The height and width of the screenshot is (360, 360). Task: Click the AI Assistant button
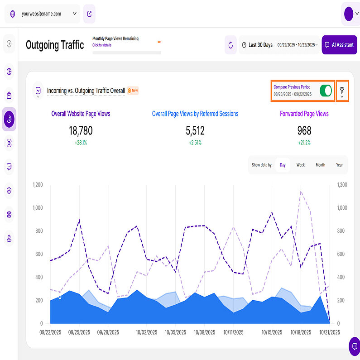coord(339,45)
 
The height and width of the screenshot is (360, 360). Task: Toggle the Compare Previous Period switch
coord(326,91)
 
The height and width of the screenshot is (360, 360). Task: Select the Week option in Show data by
coord(301,165)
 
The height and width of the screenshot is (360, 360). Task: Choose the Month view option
coord(320,165)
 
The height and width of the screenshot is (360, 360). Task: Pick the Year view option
coord(339,165)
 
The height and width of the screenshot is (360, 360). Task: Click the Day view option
coord(283,165)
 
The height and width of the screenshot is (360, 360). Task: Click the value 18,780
coord(81,131)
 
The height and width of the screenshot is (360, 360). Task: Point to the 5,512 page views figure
coord(195,131)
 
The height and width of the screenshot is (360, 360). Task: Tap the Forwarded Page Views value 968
coord(304,131)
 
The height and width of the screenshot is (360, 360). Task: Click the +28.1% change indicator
coord(81,143)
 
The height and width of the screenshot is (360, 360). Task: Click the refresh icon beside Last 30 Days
coord(230,45)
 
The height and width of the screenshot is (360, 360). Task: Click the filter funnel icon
coord(342,91)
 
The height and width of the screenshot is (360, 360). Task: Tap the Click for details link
coord(102,45)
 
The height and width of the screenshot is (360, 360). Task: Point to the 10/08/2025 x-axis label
coord(204,332)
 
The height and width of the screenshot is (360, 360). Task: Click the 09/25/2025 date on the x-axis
coord(80,332)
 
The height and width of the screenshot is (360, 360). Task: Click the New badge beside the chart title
coord(133,91)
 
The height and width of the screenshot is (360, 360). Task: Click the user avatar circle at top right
coord(348,14)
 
